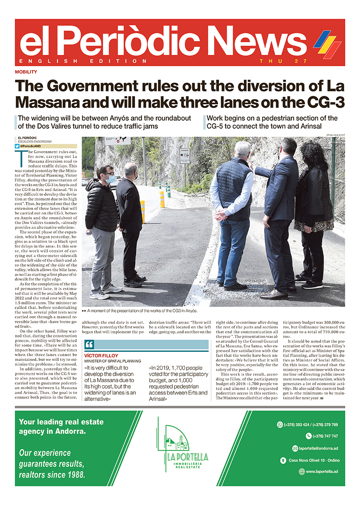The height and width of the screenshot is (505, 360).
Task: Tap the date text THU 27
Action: pos(283,61)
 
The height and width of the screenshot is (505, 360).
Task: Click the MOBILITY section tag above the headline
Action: pos(26,72)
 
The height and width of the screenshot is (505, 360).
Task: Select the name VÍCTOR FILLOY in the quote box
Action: pos(101,356)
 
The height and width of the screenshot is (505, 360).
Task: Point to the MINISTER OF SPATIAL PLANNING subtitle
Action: pos(113,361)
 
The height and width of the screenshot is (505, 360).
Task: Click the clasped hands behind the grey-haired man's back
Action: pos(222,215)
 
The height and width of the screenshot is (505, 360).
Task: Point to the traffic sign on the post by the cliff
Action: pos(185,155)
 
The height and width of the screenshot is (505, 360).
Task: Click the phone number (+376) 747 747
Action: pos(325,436)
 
